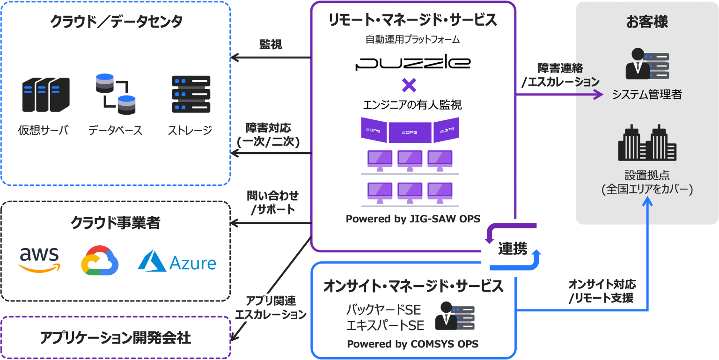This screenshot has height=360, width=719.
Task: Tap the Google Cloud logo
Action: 98,260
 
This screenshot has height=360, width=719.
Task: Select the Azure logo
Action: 177,261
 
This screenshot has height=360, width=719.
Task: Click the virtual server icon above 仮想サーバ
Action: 46,94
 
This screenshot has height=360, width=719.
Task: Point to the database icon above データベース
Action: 115,94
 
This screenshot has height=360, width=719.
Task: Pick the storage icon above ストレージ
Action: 191,94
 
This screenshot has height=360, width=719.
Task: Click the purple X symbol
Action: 409,85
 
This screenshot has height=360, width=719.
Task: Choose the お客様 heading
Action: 647,22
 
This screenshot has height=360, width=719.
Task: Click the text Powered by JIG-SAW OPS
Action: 413,219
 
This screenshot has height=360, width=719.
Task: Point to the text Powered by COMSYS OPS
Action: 412,344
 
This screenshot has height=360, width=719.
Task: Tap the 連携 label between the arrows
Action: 512,248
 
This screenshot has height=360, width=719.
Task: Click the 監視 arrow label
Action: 271,44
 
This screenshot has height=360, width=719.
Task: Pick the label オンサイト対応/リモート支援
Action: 602,291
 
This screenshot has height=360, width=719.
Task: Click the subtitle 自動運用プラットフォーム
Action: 412,40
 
